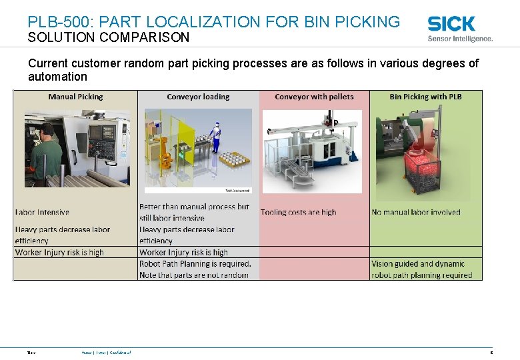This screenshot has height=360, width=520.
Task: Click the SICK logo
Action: click(x=451, y=24)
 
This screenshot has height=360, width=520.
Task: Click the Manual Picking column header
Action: click(x=75, y=97)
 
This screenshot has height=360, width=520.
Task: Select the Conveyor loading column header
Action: click(x=198, y=97)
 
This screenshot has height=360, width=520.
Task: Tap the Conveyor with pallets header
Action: click(x=314, y=97)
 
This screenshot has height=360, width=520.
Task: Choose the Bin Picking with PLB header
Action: click(x=425, y=97)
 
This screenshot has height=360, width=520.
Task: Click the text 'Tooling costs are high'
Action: click(x=298, y=212)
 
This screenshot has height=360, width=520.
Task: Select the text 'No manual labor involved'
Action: click(x=416, y=212)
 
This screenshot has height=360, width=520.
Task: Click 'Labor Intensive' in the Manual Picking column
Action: click(x=42, y=212)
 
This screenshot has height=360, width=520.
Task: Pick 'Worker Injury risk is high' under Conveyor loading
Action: click(x=183, y=253)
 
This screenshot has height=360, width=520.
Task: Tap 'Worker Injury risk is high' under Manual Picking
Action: click(x=59, y=253)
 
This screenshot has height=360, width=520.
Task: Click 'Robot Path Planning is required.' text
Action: click(x=195, y=264)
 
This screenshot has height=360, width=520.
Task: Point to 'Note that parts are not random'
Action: click(x=194, y=275)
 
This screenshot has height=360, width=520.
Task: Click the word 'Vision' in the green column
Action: click(x=383, y=264)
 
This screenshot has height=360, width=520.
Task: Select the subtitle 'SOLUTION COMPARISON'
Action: click(x=109, y=38)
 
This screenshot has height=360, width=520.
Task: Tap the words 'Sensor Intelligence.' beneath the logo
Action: click(x=460, y=39)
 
